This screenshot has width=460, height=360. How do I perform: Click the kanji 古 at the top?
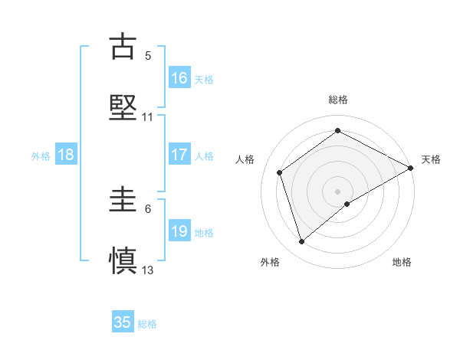point(123,46)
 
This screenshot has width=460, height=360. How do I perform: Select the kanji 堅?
point(123,107)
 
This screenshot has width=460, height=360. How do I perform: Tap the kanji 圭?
point(123,201)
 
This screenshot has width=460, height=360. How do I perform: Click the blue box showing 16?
point(179,78)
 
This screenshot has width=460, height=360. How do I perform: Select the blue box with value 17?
point(179,155)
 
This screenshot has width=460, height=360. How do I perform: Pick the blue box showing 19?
point(179,231)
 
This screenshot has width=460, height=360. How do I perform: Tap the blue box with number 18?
point(66,155)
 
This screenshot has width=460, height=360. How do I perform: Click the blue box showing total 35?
point(123,322)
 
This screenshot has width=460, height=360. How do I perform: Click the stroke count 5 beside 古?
point(148,55)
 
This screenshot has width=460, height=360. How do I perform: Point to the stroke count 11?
point(148,117)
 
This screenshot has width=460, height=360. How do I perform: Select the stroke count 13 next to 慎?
point(148,270)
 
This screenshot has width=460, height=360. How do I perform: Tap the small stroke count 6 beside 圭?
point(148,208)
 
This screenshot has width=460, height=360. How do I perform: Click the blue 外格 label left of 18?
point(41,156)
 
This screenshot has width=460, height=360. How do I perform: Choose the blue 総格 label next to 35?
point(147,324)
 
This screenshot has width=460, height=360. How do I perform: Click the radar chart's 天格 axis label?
point(432,159)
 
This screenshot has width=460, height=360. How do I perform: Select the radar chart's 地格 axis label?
point(402,262)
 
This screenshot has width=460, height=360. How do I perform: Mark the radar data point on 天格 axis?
point(411,168)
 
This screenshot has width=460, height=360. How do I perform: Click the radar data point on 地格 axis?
point(347,204)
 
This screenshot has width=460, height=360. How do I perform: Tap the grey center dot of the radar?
point(337,191)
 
